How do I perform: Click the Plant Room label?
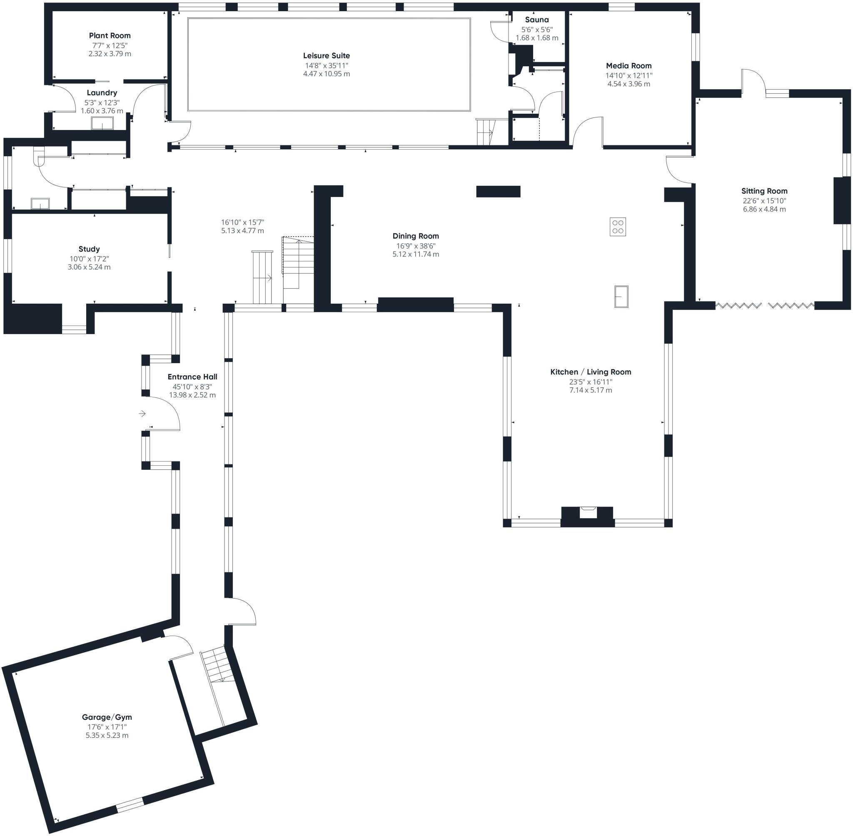point(110,35)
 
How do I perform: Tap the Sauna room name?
point(537,20)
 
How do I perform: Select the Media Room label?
point(629,66)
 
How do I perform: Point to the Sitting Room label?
point(764,191)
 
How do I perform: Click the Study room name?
point(89,249)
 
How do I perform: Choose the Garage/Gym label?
point(107,717)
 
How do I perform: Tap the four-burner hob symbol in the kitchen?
point(618,227)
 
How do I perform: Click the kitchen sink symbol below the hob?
point(621,297)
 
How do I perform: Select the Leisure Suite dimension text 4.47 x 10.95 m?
point(327,74)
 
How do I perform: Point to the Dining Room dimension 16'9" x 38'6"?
point(416,246)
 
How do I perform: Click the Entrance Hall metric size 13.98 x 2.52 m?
point(192,395)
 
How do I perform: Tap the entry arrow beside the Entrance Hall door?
point(142,413)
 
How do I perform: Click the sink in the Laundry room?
point(102,124)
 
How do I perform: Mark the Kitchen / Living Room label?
point(591,372)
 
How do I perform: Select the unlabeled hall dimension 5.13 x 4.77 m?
point(243,230)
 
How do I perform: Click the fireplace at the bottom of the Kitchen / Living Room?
point(587,517)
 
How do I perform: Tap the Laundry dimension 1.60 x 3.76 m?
point(102,111)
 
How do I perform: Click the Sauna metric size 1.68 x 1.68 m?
point(537,38)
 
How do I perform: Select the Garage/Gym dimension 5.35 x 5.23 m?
point(107,736)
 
